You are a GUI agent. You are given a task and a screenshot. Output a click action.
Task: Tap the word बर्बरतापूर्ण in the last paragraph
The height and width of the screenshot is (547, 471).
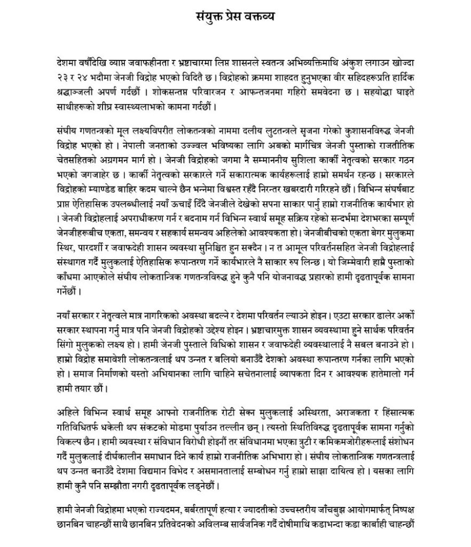click(x=218, y=509)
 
